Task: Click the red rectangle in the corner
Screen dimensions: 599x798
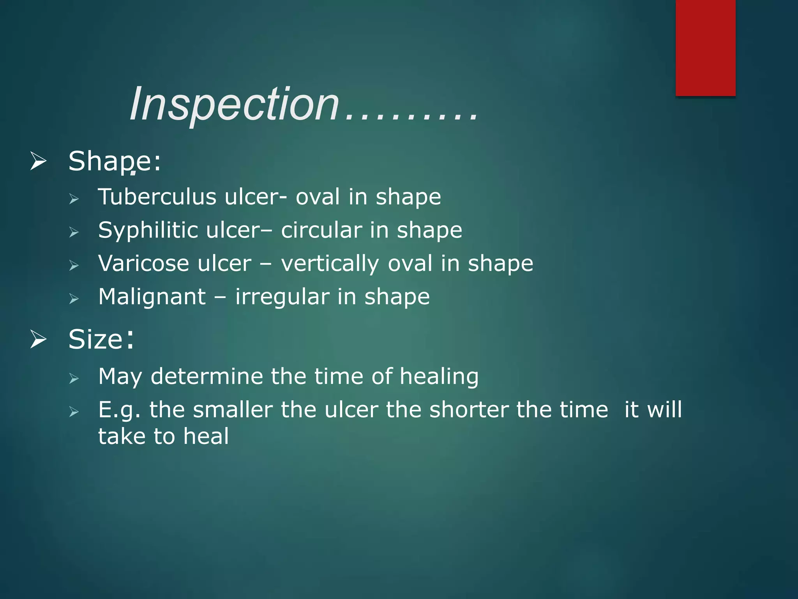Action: (x=705, y=48)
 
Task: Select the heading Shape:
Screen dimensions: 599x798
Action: (x=114, y=161)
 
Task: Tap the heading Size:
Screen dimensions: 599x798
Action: (x=101, y=339)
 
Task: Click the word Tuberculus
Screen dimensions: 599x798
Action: (x=157, y=197)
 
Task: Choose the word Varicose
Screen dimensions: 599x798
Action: (x=143, y=263)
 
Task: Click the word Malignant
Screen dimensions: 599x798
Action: (x=152, y=297)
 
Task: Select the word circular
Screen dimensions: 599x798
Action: (x=321, y=230)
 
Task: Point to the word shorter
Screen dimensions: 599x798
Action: (x=469, y=410)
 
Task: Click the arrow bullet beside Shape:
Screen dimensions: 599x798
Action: (x=38, y=161)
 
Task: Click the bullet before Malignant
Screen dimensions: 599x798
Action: (x=74, y=299)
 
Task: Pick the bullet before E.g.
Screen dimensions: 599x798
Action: (x=74, y=411)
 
